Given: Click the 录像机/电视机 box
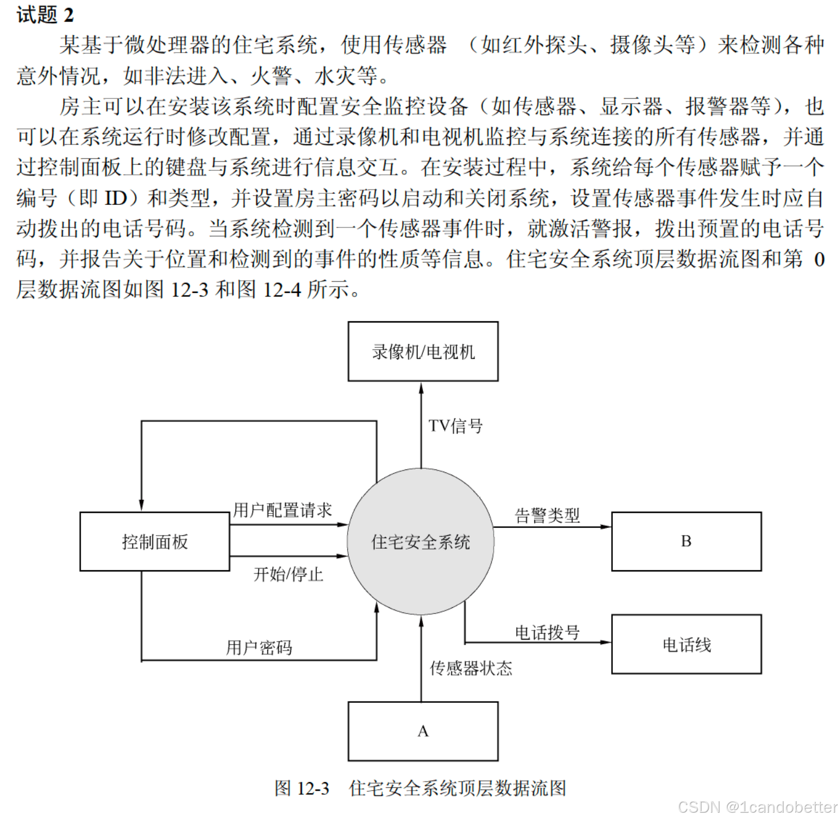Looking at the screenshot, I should click(423, 351).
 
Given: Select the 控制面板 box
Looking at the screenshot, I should click(155, 542).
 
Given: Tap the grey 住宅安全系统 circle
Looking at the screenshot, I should click(421, 542).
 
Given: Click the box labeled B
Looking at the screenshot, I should click(686, 541).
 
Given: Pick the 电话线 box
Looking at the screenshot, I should click(686, 644).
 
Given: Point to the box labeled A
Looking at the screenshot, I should click(423, 731).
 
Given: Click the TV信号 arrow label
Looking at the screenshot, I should click(455, 426).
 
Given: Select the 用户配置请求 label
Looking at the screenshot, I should click(283, 510).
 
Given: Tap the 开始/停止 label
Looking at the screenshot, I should click(288, 574).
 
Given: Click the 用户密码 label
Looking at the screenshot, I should click(259, 647).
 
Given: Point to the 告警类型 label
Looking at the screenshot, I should click(547, 515).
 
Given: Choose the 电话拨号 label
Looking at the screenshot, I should click(547, 632).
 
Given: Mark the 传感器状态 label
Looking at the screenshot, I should click(470, 668).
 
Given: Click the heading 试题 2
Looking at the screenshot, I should click(45, 15).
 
